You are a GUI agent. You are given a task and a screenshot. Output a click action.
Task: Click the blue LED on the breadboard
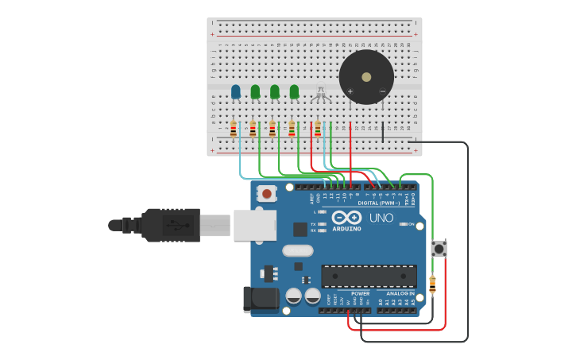click(x=235, y=91)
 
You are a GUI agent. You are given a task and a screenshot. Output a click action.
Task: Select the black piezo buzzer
click(x=366, y=77)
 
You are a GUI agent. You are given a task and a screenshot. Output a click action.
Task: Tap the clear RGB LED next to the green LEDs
click(x=321, y=93)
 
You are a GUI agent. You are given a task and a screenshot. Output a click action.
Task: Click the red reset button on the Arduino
click(x=267, y=193)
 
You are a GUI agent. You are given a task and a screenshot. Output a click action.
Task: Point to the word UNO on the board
click(x=381, y=218)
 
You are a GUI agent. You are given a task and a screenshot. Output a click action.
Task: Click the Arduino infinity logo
click(x=347, y=218)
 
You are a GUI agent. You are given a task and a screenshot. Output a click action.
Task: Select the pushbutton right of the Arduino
click(x=439, y=248)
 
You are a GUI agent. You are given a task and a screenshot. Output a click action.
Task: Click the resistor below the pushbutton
click(x=432, y=284)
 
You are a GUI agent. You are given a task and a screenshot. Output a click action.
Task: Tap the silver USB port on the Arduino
click(x=255, y=226)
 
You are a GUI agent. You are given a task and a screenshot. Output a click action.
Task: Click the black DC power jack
click(x=261, y=299)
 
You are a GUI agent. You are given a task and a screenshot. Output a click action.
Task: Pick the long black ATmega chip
click(x=369, y=276)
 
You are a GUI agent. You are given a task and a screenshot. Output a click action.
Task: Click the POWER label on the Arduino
click(x=360, y=293)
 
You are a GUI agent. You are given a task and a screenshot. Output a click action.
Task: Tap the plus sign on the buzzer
click(x=350, y=91)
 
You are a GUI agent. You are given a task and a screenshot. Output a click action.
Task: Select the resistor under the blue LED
click(x=234, y=128)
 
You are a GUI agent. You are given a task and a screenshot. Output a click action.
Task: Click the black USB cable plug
click(x=170, y=225)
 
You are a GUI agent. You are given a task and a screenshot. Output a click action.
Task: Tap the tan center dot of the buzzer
click(x=366, y=77)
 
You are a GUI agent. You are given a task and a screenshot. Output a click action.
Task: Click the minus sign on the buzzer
click(x=382, y=91)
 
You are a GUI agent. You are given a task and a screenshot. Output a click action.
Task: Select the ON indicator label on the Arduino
click(x=410, y=224)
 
